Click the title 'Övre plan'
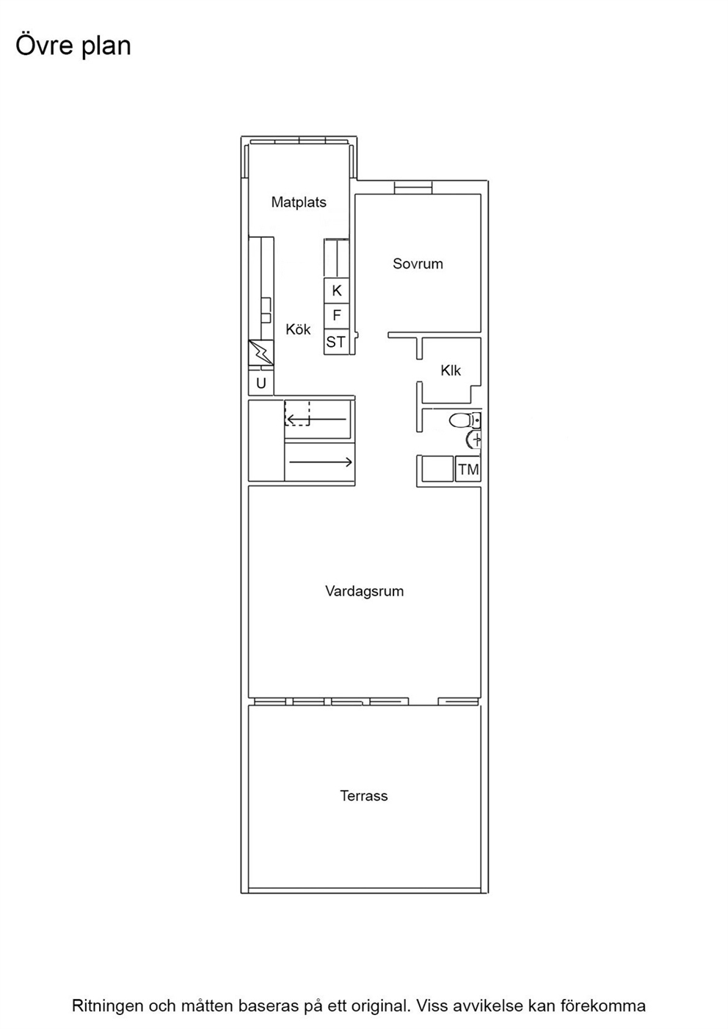[73, 46]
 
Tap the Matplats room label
[299, 202]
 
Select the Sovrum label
[418, 264]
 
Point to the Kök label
[298, 329]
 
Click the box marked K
[336, 290]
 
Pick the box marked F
[336, 315]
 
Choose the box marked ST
[336, 342]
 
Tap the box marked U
[261, 383]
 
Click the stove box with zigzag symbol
[261, 353]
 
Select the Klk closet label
[451, 370]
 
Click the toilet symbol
[465, 420]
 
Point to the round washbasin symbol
[474, 440]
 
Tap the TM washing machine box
[468, 469]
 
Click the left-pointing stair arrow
[316, 419]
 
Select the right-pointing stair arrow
[321, 461]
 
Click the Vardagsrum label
[365, 590]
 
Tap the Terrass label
[364, 796]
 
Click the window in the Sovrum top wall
[413, 188]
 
